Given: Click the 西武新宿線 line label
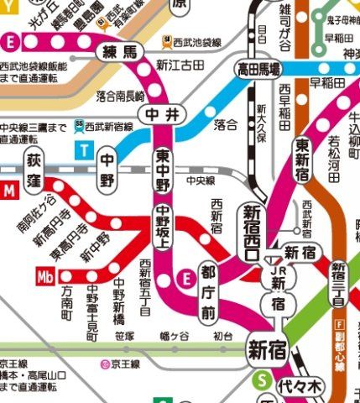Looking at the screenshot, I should click(105, 123).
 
